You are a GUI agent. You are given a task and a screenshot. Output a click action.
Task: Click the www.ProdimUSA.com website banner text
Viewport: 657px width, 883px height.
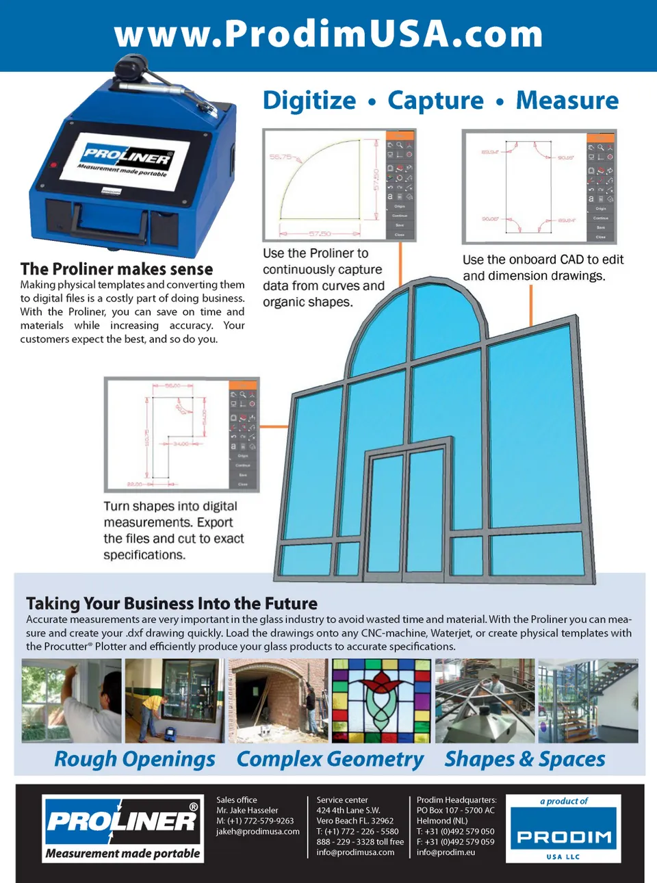[x=328, y=34]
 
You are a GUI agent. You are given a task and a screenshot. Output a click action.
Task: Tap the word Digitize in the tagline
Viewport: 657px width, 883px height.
[x=309, y=101]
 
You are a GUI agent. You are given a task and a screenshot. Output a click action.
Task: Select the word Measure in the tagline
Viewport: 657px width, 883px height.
[x=567, y=101]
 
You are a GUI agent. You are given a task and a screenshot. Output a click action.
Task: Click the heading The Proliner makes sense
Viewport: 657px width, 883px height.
[x=116, y=269]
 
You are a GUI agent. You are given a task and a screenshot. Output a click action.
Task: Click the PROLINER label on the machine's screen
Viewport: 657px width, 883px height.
[x=127, y=157]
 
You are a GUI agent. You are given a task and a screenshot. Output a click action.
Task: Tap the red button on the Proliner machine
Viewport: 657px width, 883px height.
[x=53, y=165]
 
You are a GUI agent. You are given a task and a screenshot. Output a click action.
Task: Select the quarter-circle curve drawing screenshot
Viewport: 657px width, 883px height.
[x=339, y=185]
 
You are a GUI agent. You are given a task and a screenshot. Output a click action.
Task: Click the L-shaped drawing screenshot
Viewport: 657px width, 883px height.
[x=181, y=435]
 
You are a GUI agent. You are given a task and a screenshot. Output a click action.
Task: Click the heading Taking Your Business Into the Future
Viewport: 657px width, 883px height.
[x=172, y=604]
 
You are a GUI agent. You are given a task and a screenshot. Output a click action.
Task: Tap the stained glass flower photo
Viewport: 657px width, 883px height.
[x=381, y=701]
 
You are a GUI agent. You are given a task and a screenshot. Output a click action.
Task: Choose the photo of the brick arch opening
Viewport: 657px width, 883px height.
[x=278, y=701]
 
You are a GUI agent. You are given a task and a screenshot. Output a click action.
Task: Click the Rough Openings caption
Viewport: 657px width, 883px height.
[x=135, y=759]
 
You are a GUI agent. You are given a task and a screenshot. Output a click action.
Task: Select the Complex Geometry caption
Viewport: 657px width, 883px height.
[x=330, y=759]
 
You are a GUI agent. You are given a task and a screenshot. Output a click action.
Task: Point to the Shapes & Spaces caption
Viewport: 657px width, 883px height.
[x=525, y=759]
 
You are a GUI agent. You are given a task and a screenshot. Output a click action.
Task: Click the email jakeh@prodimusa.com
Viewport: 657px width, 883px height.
[x=258, y=832]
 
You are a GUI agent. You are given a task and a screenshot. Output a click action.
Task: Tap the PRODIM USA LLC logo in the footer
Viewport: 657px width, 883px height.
[x=563, y=829]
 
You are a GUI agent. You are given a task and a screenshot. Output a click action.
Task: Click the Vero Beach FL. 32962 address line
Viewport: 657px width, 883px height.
[x=355, y=821]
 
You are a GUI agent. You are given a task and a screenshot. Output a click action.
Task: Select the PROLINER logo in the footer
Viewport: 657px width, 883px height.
[x=123, y=828]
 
